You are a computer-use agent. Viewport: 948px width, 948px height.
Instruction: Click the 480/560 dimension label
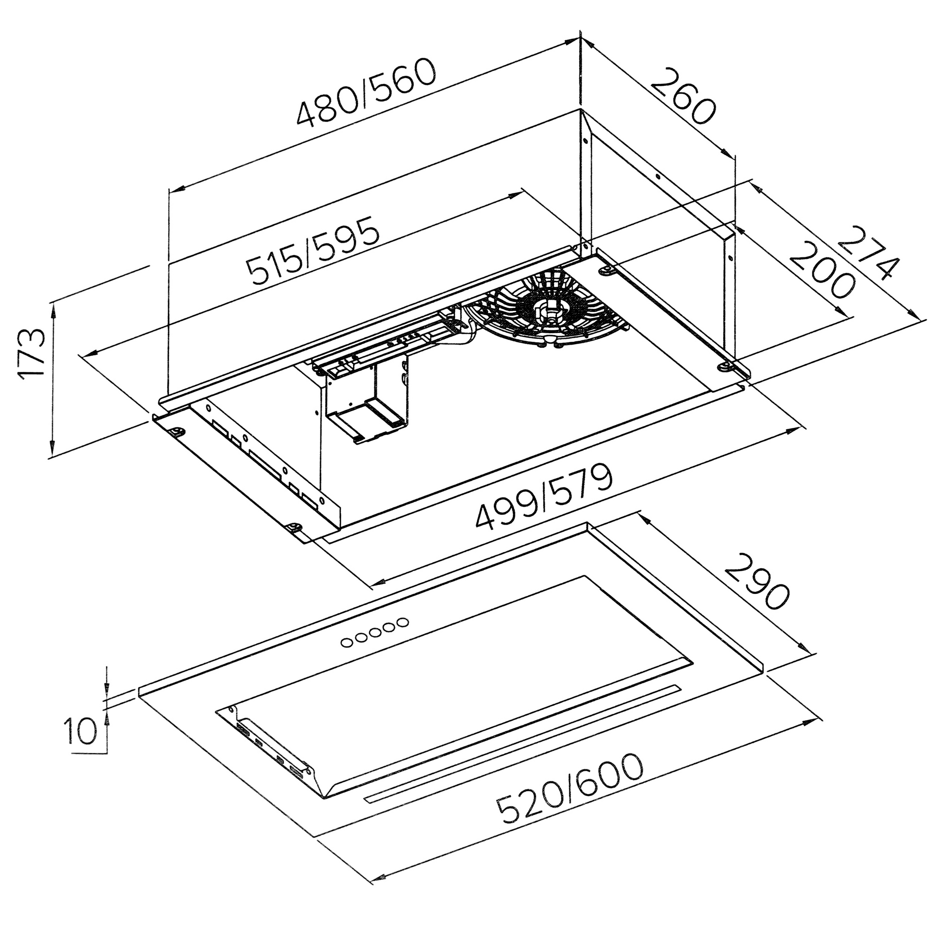coord(366,93)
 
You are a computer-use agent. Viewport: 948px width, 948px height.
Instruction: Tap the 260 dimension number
coord(684,97)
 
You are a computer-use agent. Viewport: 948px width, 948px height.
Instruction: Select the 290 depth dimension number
coord(757,581)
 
